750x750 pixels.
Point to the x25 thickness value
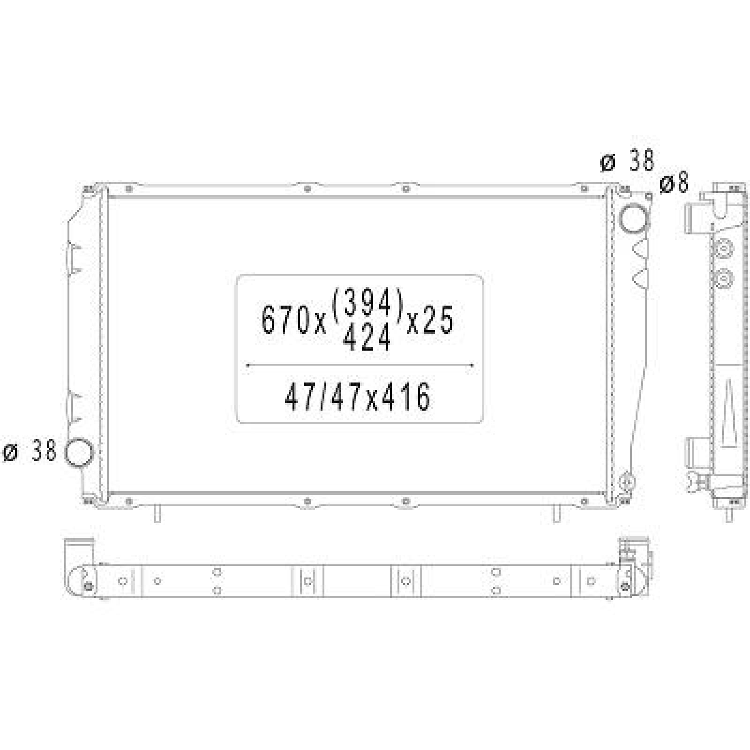(430, 321)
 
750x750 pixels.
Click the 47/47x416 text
(357, 397)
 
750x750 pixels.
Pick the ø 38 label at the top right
(627, 161)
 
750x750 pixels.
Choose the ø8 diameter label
(674, 183)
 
